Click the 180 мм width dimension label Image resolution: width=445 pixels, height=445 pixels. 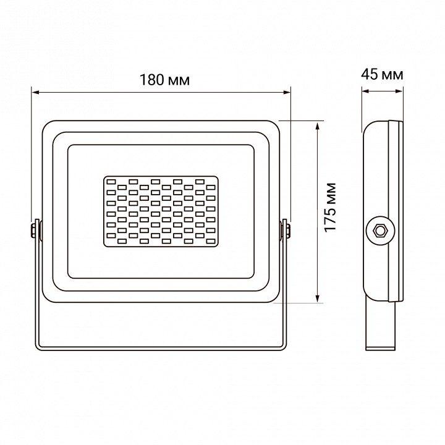pyautogui.click(x=164, y=80)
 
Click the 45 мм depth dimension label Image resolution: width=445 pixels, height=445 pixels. pyautogui.click(x=382, y=75)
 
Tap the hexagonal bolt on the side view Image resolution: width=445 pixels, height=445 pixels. pyautogui.click(x=379, y=231)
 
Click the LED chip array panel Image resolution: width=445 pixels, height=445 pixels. pyautogui.click(x=160, y=210)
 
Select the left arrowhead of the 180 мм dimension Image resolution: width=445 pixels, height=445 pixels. pyautogui.click(x=35, y=93)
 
